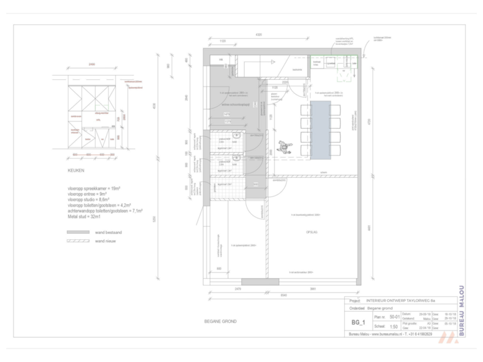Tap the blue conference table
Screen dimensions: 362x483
[x=322, y=130]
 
